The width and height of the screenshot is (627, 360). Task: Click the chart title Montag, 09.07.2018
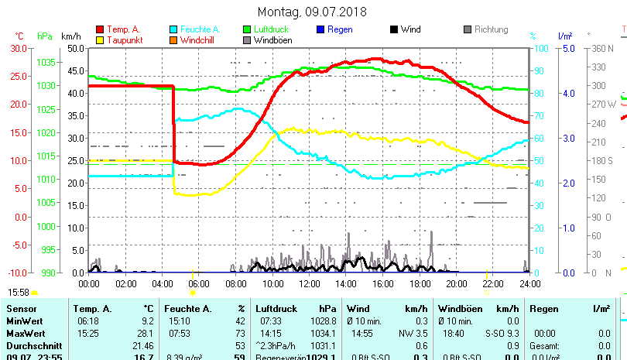coord(313,12)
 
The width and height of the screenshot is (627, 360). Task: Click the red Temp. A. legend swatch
coord(99,30)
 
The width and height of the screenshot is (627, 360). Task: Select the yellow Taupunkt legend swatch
coord(99,39)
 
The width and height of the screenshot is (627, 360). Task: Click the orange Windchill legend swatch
coord(173,39)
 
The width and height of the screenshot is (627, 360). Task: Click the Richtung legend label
coord(491,29)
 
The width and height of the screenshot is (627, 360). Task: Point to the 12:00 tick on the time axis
coord(309,284)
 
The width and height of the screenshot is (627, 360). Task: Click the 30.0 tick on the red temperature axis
coord(18,48)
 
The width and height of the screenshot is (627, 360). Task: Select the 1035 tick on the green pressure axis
coord(46,62)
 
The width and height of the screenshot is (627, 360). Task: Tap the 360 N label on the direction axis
coord(602,48)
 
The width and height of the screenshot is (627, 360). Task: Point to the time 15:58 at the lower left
coord(19,293)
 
